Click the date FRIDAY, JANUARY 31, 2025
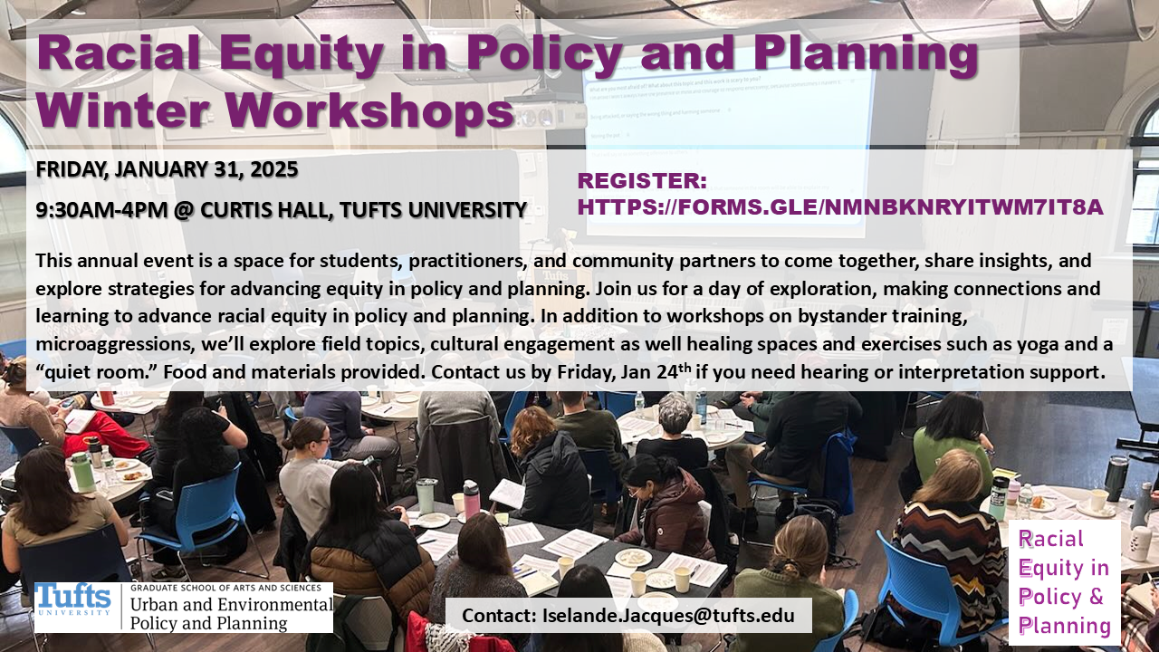[167, 169]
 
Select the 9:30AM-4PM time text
[101, 210]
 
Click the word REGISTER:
[642, 181]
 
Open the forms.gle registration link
[840, 207]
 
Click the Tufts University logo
[73, 601]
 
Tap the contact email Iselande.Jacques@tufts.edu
[668, 616]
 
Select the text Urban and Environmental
[231, 604]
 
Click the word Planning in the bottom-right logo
[1064, 625]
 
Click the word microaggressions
[114, 345]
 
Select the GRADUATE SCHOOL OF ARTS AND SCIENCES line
[225, 588]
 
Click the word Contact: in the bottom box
[499, 616]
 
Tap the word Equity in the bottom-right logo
[1044, 568]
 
